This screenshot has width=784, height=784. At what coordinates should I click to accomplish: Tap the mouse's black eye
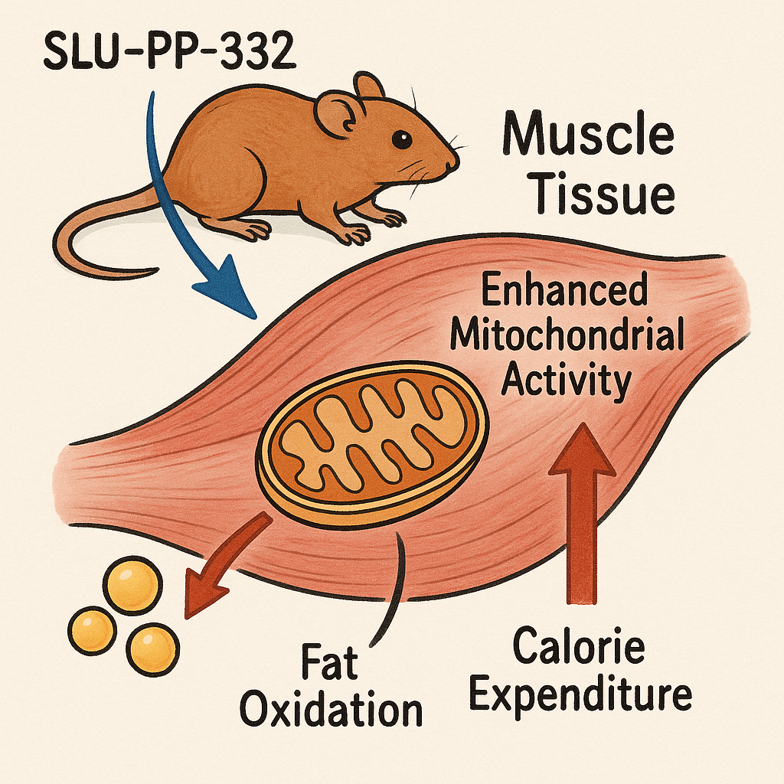401,139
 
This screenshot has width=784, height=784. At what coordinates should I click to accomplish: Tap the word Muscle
587,138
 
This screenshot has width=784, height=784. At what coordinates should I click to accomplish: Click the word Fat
331,663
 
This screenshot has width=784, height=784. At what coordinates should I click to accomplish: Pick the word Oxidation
332,710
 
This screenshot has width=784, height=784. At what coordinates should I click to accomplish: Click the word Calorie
579,648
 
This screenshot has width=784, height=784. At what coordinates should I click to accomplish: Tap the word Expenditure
580,695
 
